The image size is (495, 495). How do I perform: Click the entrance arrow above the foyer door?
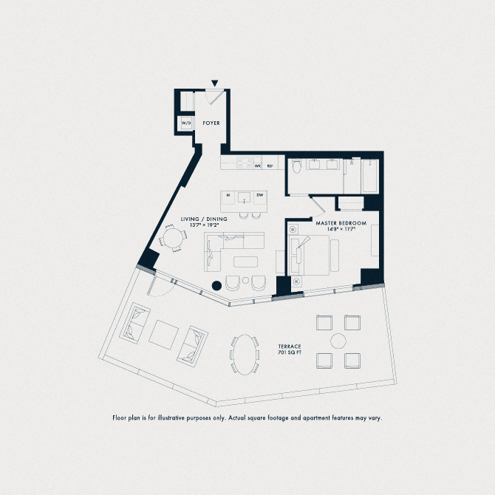215,83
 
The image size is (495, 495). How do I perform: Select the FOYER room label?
211,123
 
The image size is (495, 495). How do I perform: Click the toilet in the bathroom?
296,166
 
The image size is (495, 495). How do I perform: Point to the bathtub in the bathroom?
369,175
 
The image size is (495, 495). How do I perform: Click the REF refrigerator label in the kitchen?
270,166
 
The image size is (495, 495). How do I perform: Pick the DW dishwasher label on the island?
259,195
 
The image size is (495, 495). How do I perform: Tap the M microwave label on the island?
229,195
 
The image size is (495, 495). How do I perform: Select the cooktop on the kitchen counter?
244,163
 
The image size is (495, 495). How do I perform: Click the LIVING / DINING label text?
204,219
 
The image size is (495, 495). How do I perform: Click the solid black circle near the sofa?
216,284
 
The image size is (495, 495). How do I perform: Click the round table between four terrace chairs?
338,341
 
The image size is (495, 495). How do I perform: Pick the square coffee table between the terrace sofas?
164,334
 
